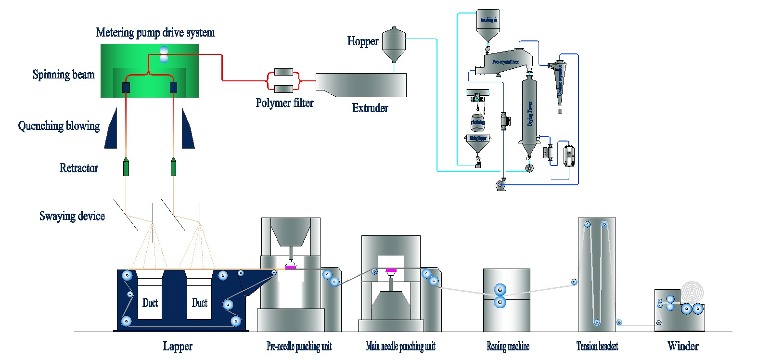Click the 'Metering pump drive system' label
click(155, 33)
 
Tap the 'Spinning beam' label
click(64, 75)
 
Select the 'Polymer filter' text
click(284, 103)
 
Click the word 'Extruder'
click(370, 108)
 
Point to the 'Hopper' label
click(363, 41)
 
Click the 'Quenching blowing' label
click(59, 126)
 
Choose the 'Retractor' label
click(78, 168)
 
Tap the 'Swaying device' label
click(72, 216)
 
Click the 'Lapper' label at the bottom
click(178, 347)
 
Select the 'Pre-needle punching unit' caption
click(299, 347)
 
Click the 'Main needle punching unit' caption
click(400, 347)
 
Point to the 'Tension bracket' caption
click(597, 347)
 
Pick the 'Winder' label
click(682, 346)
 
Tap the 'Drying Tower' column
click(529, 113)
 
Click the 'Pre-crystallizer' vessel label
click(505, 62)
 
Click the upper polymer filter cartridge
click(283, 72)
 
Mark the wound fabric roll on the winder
click(693, 292)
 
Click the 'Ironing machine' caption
click(508, 347)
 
